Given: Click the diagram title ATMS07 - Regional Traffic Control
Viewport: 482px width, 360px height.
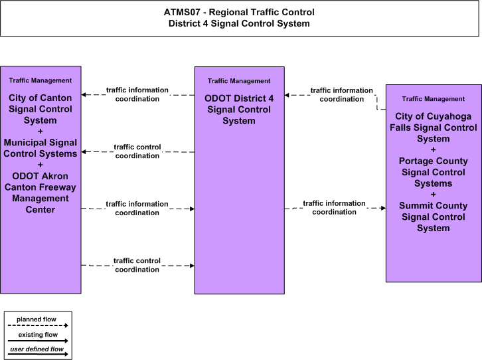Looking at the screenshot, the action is click(x=239, y=13).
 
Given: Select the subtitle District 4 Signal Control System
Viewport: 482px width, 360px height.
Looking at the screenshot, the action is click(x=239, y=24).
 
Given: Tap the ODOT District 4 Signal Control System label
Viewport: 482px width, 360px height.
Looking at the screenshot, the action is click(x=239, y=110).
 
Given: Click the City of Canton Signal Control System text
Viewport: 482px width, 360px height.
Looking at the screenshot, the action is click(x=40, y=109).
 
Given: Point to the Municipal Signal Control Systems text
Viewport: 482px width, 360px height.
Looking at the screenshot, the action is click(x=40, y=148).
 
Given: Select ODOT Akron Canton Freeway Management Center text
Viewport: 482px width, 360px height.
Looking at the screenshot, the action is click(x=40, y=193).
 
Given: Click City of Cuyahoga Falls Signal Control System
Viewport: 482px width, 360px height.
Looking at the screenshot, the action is click(x=433, y=128).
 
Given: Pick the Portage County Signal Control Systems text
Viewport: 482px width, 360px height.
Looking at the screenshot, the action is click(x=433, y=172).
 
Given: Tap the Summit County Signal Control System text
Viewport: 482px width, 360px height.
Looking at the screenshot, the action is click(x=433, y=217).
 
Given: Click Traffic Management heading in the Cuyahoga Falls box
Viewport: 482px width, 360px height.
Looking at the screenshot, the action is click(x=433, y=99).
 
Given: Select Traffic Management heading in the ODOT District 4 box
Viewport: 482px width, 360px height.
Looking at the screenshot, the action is click(x=239, y=81).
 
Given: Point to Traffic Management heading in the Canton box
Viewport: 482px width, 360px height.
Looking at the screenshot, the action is click(x=40, y=80).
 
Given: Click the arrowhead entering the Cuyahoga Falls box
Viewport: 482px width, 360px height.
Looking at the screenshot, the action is click(x=383, y=208).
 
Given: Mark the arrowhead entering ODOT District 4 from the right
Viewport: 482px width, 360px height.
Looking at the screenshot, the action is click(x=287, y=95).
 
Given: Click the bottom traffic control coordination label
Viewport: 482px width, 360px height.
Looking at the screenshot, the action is click(x=137, y=265).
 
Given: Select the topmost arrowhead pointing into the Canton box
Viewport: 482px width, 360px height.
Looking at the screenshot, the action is click(x=84, y=95).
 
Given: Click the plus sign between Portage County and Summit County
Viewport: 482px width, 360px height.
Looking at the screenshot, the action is click(x=433, y=195).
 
